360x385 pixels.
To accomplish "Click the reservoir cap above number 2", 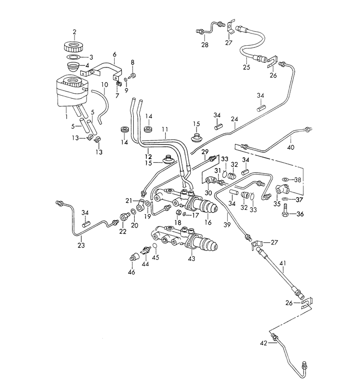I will pos(74,45).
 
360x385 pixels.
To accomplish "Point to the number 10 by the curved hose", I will pos(104,84).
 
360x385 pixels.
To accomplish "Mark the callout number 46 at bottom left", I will pos(132,272).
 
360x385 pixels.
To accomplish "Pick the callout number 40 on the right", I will pos(291,147).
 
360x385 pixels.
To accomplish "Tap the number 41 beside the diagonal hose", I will pos(282,264).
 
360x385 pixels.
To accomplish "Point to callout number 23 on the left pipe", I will pos(81,246).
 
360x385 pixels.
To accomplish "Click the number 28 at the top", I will pos(205,45).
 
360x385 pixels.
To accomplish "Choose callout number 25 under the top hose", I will pos(246,67).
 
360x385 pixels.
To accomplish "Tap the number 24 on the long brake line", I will pos(235,119).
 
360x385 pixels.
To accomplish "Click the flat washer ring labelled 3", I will pos(74,57).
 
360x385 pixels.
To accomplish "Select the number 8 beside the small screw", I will pos(133,63).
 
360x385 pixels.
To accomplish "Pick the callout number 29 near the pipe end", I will pos(205,152).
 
